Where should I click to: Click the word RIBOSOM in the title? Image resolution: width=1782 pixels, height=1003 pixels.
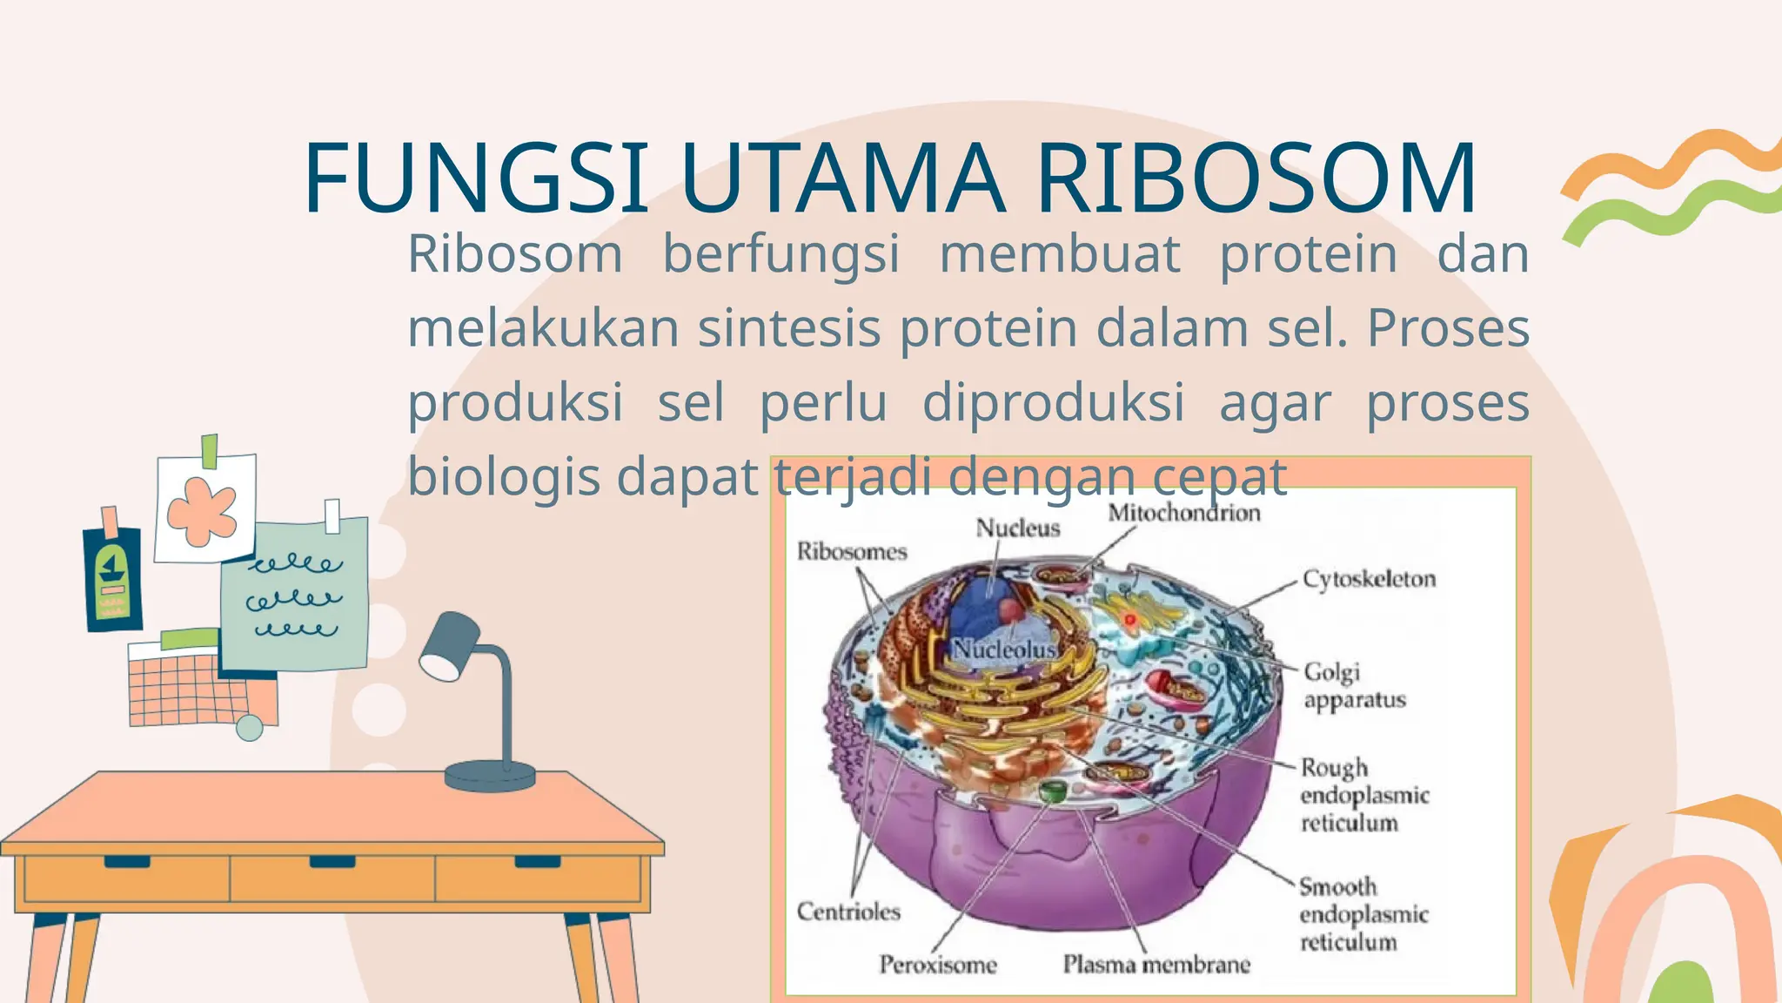1256,178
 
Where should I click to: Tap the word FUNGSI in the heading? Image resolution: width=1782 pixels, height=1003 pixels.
476,178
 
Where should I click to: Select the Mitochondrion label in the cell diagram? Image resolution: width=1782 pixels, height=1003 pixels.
1183,513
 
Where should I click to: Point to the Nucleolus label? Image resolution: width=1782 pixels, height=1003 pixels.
1003,650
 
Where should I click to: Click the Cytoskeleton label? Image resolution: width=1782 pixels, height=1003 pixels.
1369,579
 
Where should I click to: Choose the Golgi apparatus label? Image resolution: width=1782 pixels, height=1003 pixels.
1354,686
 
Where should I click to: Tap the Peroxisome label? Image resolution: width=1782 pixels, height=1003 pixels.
937,964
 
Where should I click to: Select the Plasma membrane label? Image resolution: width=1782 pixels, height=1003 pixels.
1156,964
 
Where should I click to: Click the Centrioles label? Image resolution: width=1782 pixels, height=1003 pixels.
848,912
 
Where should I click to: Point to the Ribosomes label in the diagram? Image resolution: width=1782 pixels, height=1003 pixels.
852,551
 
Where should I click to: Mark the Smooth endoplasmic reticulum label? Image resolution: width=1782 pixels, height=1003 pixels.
1363,914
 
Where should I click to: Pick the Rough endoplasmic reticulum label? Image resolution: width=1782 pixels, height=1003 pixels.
1363,795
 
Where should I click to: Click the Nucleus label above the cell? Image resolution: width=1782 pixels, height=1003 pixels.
1017,528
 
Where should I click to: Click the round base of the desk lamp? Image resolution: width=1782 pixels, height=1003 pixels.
490,775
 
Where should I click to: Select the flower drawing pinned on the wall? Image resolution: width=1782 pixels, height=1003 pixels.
203,511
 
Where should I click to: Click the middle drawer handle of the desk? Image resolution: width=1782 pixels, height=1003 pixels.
332,862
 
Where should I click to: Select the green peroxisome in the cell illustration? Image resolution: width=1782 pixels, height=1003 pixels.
1053,791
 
